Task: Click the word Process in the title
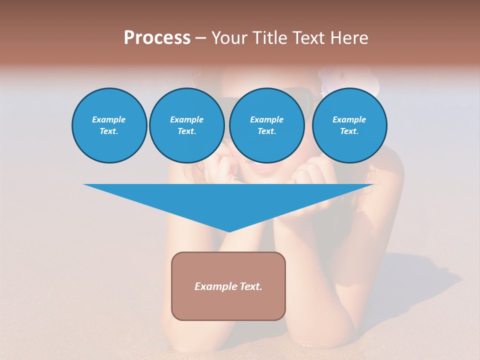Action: [157, 38]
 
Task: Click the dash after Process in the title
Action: [200, 38]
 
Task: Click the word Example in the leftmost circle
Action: [109, 119]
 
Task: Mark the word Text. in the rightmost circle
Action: [349, 131]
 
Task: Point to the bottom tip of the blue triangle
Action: [228, 231]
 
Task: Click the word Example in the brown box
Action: [215, 286]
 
